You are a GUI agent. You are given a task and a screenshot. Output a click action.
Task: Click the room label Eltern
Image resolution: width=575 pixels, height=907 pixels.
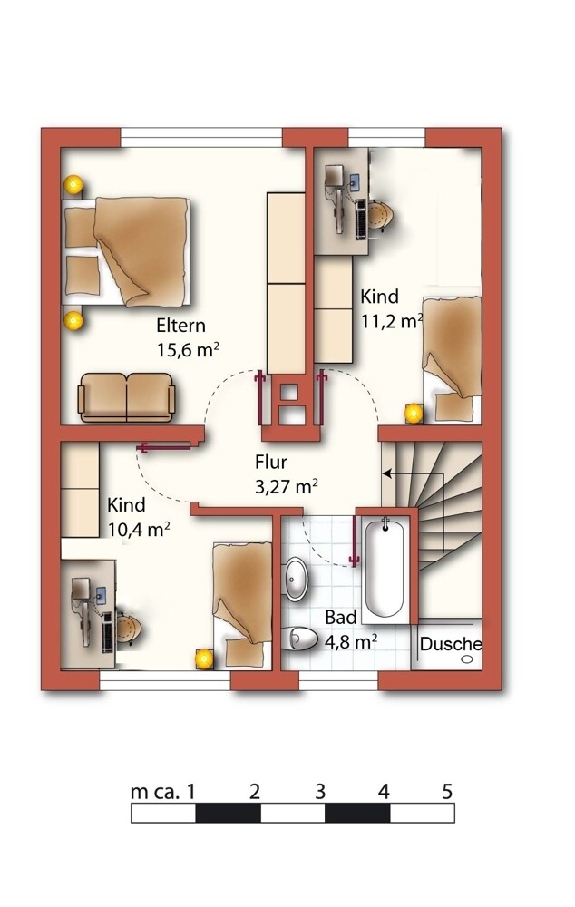180,326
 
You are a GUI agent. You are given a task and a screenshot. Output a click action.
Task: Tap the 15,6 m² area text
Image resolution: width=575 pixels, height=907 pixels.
188,350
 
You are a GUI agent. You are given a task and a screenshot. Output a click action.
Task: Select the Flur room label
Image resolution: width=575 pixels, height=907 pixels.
271,463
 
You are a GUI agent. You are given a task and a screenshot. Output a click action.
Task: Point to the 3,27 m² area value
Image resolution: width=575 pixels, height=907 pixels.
287,486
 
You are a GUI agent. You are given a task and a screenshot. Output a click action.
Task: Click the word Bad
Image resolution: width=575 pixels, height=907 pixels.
341,617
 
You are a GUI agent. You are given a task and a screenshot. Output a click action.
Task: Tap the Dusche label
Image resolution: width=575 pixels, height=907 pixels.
451,644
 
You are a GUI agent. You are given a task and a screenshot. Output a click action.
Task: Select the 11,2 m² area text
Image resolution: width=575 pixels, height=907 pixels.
392,321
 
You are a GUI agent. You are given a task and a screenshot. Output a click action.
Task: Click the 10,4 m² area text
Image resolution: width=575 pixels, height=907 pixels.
138,530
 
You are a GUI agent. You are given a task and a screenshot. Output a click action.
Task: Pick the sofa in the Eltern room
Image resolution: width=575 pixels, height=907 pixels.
126,397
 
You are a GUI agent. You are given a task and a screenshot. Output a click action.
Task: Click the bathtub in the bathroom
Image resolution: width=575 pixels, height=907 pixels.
385,568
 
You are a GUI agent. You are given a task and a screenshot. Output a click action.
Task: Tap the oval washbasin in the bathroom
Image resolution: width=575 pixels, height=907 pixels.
297,579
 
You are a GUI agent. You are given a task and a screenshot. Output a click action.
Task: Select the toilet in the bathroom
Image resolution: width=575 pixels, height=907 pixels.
301,639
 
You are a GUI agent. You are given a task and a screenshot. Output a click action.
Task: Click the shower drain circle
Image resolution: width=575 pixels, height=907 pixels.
467,658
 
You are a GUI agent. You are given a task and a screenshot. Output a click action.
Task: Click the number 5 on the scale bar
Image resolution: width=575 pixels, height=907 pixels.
446,791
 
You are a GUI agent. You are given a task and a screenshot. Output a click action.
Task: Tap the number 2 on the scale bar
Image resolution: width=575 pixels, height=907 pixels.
255,791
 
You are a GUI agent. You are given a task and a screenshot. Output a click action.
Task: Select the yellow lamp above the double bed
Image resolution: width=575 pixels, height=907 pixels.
73,184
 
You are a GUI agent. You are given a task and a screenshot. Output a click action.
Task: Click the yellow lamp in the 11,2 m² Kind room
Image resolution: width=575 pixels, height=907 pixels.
414,413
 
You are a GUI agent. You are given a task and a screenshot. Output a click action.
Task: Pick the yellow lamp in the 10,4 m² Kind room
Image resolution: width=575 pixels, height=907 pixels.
204,658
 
